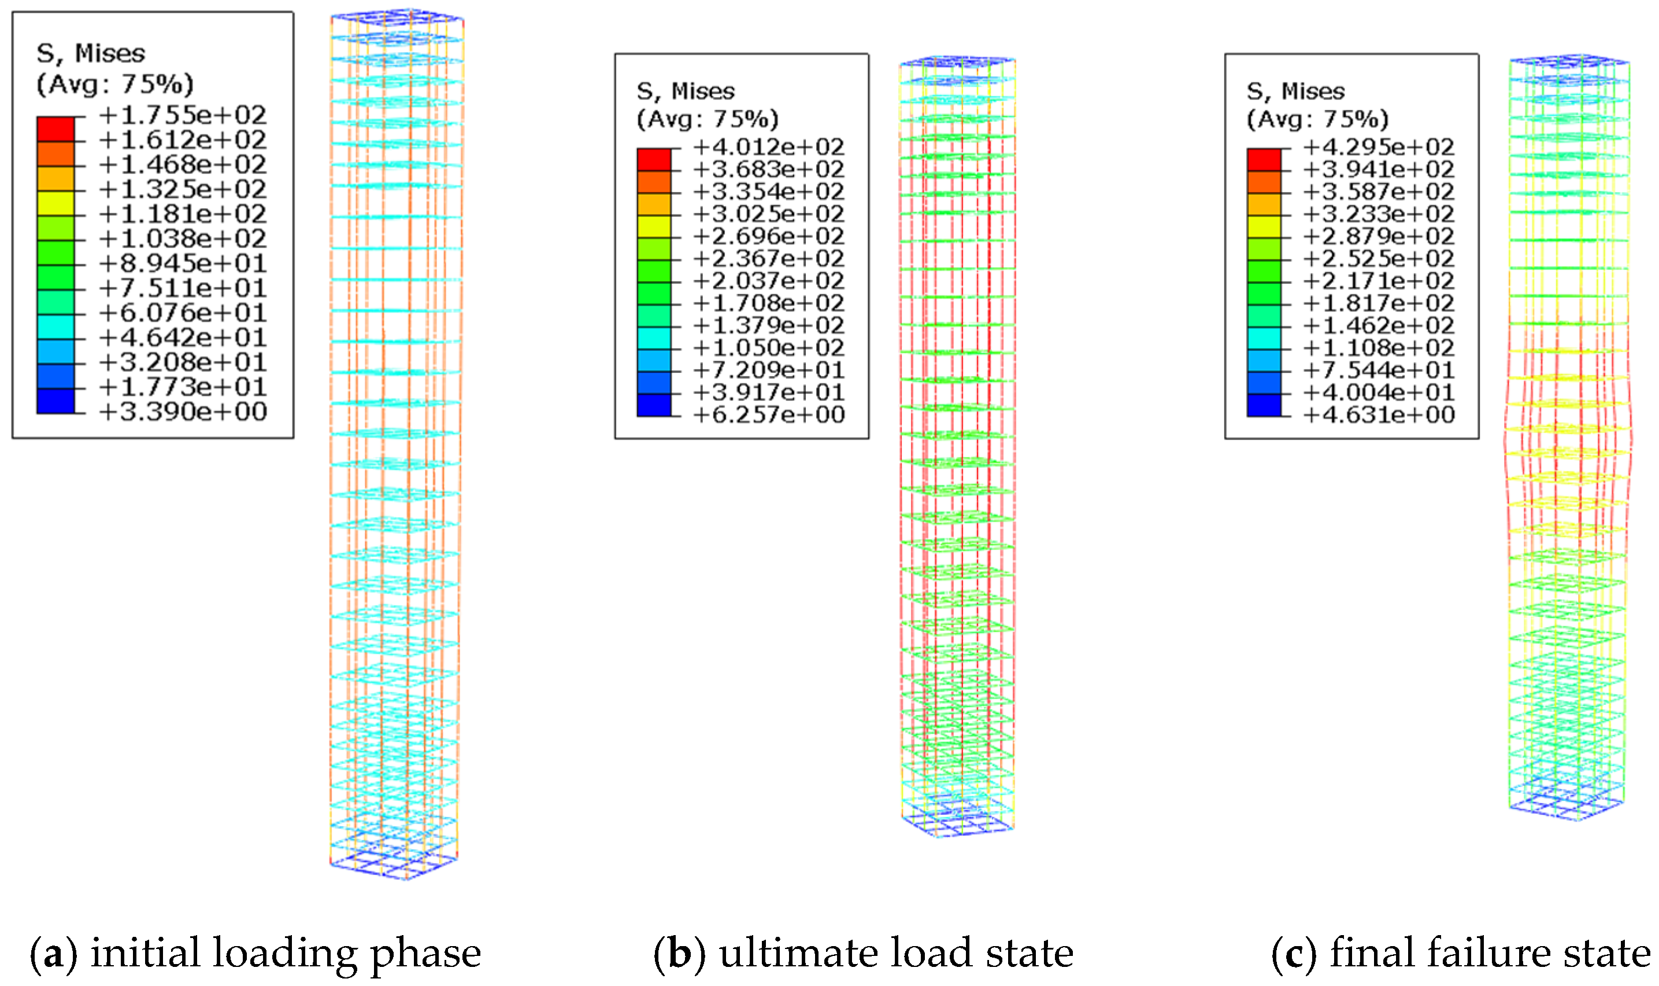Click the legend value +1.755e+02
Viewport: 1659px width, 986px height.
pyautogui.click(x=182, y=116)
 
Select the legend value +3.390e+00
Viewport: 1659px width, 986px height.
pyautogui.click(x=182, y=412)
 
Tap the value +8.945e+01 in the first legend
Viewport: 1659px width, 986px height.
pyautogui.click(x=182, y=264)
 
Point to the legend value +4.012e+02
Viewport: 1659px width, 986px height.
pyautogui.click(x=768, y=147)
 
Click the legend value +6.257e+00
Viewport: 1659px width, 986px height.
pyautogui.click(x=768, y=415)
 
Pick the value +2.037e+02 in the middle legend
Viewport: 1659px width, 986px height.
pyautogui.click(x=768, y=281)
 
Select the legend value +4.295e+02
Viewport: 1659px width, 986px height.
pyautogui.click(x=1378, y=147)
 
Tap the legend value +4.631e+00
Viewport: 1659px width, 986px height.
pyautogui.click(x=1378, y=415)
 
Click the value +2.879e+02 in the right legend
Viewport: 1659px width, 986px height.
pyautogui.click(x=1378, y=237)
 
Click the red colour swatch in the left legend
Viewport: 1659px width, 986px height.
pyautogui.click(x=56, y=129)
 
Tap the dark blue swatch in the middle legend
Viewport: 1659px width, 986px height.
pyautogui.click(x=654, y=405)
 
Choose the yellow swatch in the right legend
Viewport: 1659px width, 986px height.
pyautogui.click(x=1264, y=227)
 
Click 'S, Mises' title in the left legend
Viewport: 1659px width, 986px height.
pyautogui.click(x=90, y=53)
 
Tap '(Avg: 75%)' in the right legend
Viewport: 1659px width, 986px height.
pyautogui.click(x=1317, y=120)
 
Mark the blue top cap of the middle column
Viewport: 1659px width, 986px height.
pyautogui.click(x=957, y=62)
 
